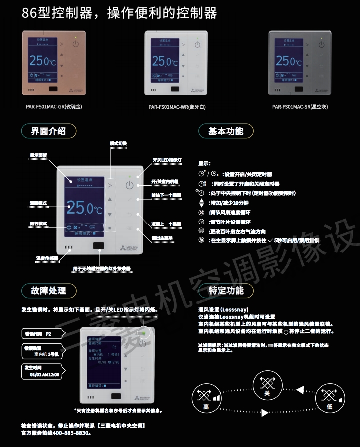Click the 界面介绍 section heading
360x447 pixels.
48,131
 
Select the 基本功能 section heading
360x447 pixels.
226,131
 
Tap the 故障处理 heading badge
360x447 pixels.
48,290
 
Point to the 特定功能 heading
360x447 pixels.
226,290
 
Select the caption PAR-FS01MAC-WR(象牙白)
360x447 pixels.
177,107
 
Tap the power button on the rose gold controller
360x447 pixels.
75,44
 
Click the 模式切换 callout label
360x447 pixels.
118,143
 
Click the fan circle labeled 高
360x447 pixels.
206,399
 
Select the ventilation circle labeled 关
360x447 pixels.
267,386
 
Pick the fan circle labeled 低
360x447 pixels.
330,399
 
